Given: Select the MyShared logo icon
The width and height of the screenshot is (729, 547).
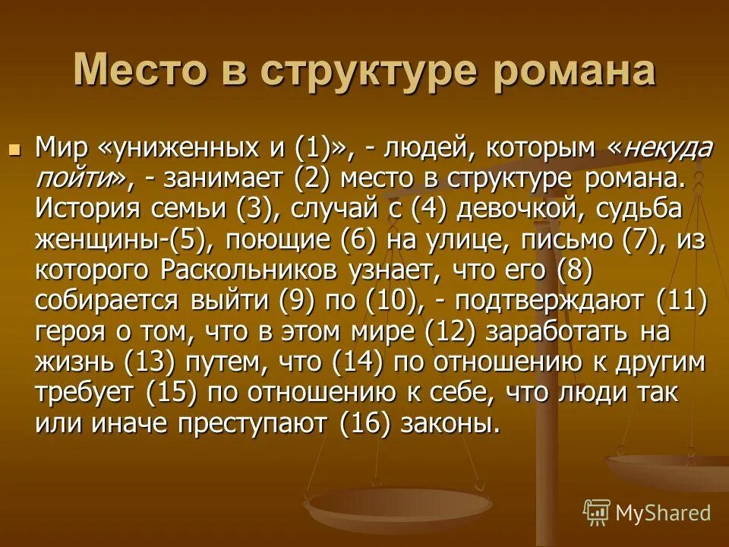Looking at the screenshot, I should tap(596, 511).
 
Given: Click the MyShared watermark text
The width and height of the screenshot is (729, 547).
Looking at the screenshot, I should tap(662, 513).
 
